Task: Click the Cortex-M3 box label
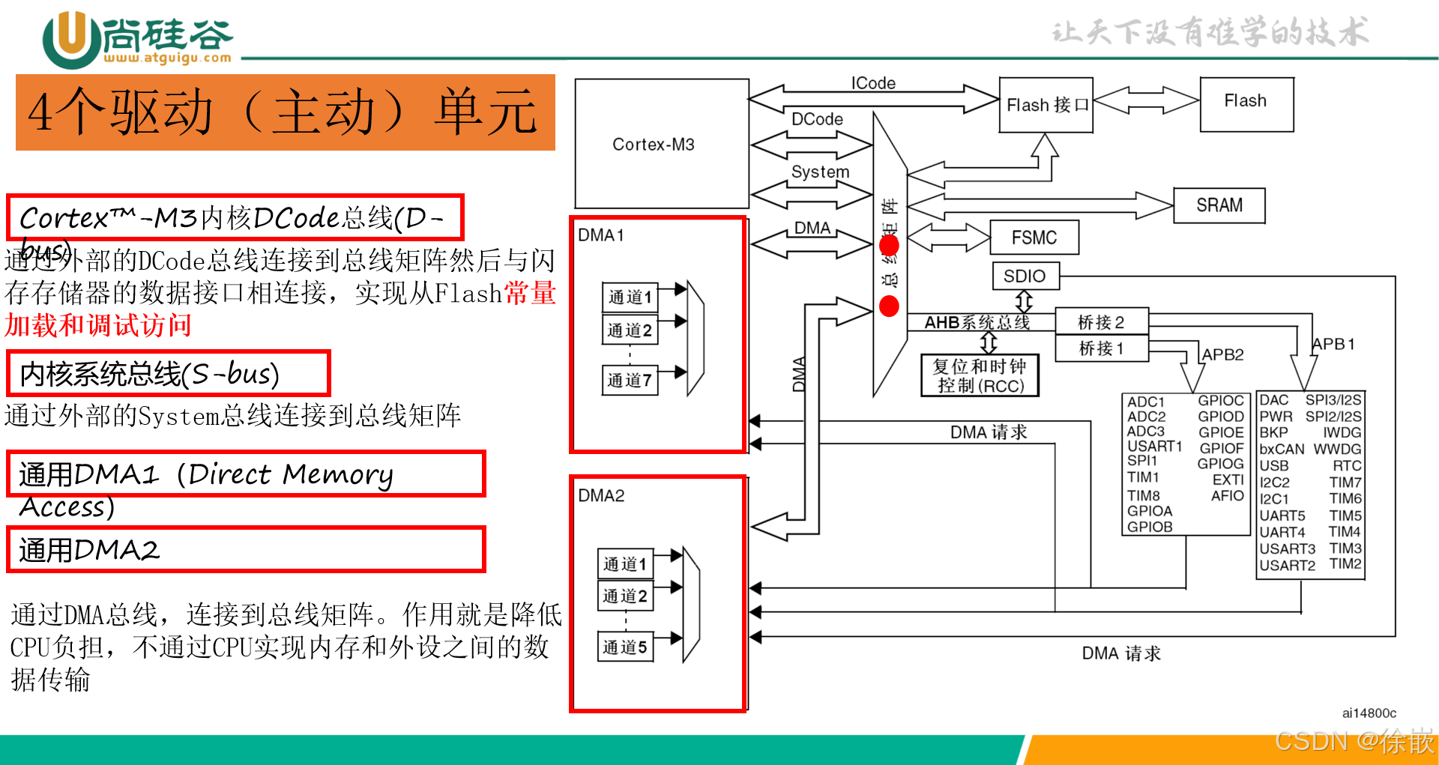[654, 145]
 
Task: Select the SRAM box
[1219, 205]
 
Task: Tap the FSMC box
[1034, 238]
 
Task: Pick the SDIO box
[1025, 276]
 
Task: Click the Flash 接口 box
[1046, 105]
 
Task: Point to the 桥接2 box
[1101, 322]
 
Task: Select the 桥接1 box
[1101, 348]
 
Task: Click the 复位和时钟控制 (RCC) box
[980, 375]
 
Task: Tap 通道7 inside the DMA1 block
[630, 380]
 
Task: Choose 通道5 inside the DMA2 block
[625, 647]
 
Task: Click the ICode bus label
[873, 82]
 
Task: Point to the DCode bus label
[817, 119]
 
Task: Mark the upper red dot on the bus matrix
[889, 246]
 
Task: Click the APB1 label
[1333, 344]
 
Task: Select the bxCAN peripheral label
[1282, 450]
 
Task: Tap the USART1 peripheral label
[1154, 447]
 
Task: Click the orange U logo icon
[71, 37]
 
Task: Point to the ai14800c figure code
[1369, 713]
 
